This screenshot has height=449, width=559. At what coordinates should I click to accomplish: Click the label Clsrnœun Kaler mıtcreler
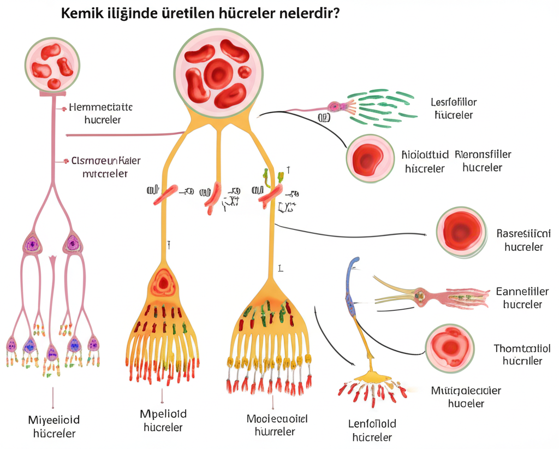[105, 167]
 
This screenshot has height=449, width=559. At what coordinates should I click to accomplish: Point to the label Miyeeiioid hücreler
[53, 427]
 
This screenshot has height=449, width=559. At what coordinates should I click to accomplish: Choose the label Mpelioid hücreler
[163, 421]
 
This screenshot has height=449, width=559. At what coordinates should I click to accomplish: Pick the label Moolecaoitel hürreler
[277, 426]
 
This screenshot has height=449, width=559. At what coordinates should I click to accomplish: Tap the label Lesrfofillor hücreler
[454, 109]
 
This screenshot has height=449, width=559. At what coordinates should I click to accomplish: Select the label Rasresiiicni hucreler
[524, 240]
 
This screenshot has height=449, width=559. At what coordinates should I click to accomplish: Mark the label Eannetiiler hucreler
[522, 298]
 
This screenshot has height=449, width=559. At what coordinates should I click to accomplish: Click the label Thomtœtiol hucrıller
[522, 355]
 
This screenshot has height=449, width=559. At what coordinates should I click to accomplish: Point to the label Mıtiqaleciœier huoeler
[466, 397]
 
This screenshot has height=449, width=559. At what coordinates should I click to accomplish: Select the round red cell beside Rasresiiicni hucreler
[461, 232]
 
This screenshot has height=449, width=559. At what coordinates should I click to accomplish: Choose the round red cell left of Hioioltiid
[370, 158]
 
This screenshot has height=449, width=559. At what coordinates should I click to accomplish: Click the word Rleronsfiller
[483, 155]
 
